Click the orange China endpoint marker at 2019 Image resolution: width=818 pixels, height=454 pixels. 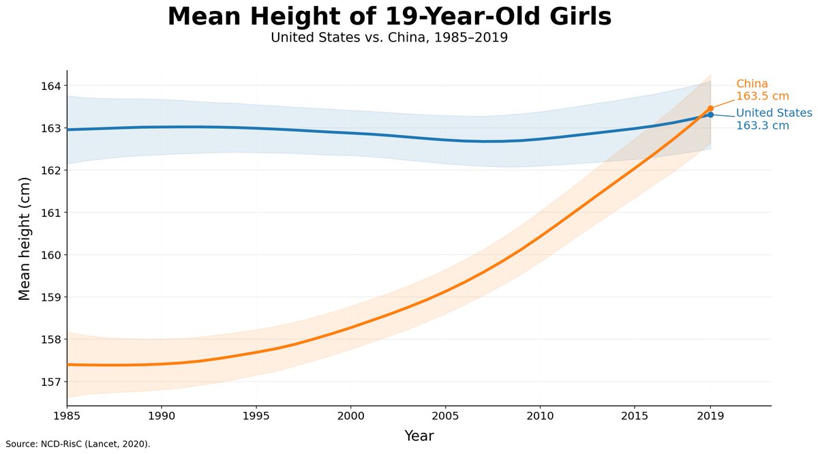point(710,108)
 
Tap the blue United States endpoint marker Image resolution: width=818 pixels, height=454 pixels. point(710,115)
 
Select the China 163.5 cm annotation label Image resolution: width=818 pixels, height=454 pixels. point(763,90)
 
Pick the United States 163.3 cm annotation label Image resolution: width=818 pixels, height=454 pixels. point(774,119)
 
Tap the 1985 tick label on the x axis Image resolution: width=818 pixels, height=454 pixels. point(67,416)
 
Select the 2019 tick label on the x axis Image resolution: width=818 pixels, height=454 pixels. point(710,416)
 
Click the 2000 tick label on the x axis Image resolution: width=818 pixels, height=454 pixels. point(350,416)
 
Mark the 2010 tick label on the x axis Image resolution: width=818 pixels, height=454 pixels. point(540,416)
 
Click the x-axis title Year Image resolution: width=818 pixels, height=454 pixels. point(419,436)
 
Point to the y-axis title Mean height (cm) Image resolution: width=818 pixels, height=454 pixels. point(24,239)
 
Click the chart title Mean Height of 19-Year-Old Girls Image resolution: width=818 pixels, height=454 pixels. point(389,17)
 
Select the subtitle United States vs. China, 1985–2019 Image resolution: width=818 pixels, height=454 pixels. point(389,37)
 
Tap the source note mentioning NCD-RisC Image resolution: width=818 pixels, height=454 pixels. point(78,444)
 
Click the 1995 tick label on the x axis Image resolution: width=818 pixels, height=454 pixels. point(256,416)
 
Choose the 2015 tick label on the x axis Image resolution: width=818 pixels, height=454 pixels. point(635,416)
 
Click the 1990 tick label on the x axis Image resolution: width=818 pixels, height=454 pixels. point(162,416)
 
